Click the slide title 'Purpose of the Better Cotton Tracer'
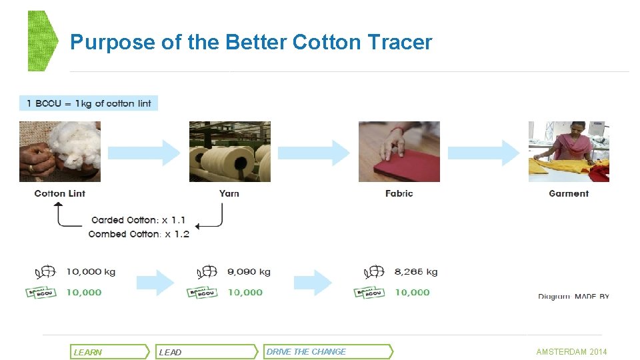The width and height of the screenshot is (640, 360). coord(251,43)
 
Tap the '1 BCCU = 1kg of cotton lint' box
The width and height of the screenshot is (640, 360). coord(89,103)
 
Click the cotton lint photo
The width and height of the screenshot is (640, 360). coord(60,151)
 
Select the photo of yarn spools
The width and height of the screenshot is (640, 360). coord(230,151)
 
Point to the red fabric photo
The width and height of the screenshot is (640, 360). coord(399,151)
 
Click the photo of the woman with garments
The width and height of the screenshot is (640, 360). coord(569,151)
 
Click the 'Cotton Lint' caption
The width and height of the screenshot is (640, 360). coord(60,193)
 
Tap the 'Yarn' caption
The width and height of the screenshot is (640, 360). coord(229,193)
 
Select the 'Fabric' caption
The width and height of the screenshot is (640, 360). coord(399,193)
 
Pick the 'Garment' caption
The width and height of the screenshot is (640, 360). coord(569,193)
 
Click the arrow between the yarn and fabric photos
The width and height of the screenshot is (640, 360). coord(314,153)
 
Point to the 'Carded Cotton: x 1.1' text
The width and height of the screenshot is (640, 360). coord(139,220)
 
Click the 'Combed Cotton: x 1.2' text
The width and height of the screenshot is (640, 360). coord(139,234)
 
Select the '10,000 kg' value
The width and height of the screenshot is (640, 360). coord(91,272)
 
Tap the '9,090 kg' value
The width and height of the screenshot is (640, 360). coord(249,272)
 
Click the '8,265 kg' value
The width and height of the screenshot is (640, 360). coord(416,272)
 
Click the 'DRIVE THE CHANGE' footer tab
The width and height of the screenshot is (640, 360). coord(327,351)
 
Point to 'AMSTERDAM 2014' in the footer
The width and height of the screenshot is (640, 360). coord(571,351)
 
